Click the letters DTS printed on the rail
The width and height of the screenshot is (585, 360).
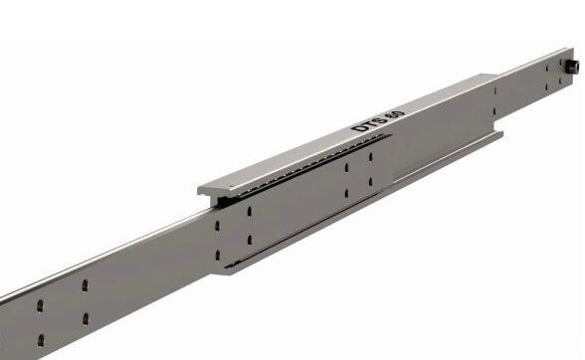pyautogui.click(x=362, y=124)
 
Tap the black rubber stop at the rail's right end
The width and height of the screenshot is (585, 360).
pyautogui.click(x=574, y=67)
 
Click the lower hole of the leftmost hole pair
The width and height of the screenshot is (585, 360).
pyautogui.click(x=41, y=339)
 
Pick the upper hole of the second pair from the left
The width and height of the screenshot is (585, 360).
pyautogui.click(x=85, y=286)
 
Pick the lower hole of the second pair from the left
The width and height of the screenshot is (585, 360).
pyautogui.click(x=86, y=319)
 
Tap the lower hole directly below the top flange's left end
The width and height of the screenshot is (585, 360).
pyautogui.click(x=218, y=256)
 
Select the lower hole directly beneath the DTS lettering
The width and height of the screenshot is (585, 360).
pyautogui.click(x=347, y=191)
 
